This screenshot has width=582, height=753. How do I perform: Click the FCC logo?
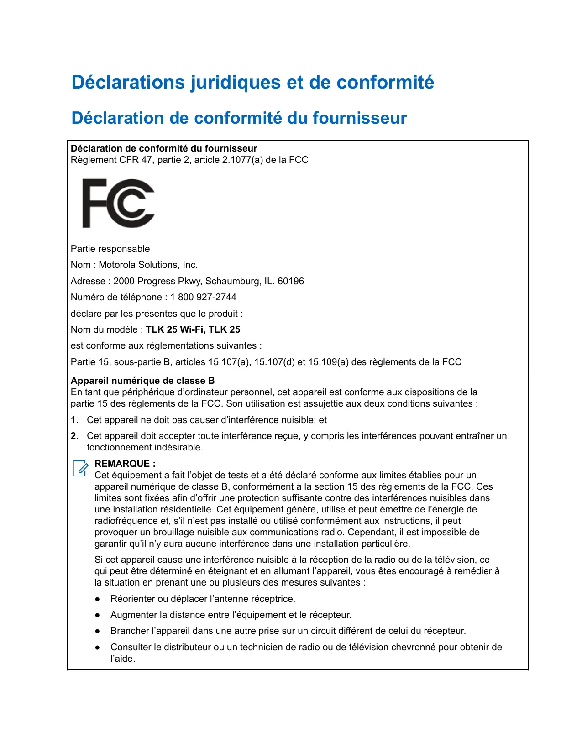point(118,203)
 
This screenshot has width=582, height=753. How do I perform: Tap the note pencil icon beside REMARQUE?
point(80,468)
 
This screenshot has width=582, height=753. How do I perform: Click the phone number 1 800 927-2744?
point(203,297)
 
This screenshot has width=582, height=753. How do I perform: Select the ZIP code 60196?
point(291,281)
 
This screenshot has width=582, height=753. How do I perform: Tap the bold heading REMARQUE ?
point(125,464)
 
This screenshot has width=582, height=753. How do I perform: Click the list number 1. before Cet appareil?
point(74,420)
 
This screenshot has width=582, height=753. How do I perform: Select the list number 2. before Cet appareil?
point(74,436)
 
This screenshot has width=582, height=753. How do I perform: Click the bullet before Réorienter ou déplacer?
point(97,599)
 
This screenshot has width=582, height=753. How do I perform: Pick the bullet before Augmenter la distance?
point(97,615)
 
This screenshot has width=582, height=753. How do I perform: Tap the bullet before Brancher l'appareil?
point(97,631)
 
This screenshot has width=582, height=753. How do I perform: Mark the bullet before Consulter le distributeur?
point(97,647)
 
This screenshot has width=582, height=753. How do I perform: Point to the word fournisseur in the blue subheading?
point(360,118)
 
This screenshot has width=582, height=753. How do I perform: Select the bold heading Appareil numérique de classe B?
point(142,381)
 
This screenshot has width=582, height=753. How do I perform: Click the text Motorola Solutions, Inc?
point(148,265)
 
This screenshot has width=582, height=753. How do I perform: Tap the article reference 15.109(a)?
point(328,362)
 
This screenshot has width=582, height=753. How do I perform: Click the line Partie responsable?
point(110,249)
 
